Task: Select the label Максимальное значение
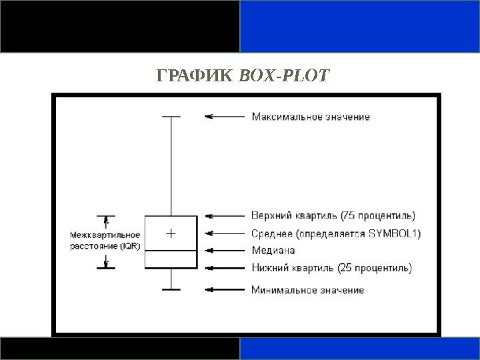pyautogui.click(x=310, y=117)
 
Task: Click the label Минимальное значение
pyautogui.click(x=307, y=290)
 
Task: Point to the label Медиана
pyautogui.click(x=273, y=251)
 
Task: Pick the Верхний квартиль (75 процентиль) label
pyautogui.click(x=333, y=215)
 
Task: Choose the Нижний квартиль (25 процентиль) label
pyautogui.click(x=331, y=269)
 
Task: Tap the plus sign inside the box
pyautogui.click(x=171, y=233)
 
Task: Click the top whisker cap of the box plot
pyautogui.click(x=171, y=117)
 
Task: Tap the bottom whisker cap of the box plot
pyautogui.click(x=171, y=289)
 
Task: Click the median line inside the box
pyautogui.click(x=171, y=250)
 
